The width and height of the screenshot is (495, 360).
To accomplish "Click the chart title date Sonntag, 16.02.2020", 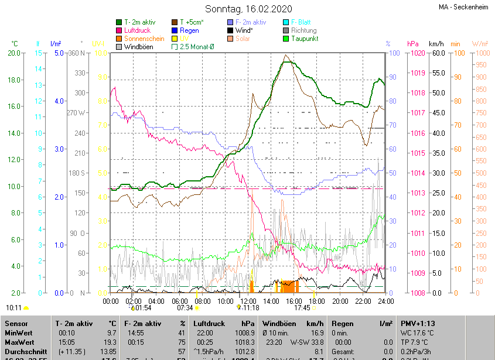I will coord(247,9).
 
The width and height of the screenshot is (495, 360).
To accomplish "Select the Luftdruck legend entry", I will coord(137,30).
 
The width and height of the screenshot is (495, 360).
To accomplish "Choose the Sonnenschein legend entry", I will coord(144,39).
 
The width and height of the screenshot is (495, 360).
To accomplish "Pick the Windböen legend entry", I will coord(138,47).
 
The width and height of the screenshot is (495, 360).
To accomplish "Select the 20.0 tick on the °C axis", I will coord(13,53).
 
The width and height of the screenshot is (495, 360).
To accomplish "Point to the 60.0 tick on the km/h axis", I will coord(436,53).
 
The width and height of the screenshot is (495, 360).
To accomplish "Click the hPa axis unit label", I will coord(412,44).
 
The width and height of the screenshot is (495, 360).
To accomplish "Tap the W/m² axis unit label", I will coord(480,44).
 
